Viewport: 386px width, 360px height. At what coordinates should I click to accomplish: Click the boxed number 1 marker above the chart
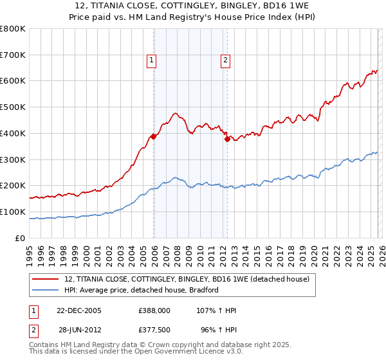click(151, 61)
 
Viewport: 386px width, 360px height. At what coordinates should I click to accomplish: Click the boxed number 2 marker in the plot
click(226, 61)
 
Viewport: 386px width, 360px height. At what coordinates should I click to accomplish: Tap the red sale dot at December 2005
click(154, 136)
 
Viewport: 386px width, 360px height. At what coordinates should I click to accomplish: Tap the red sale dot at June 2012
click(227, 139)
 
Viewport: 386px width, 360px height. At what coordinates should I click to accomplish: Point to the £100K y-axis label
click(13, 212)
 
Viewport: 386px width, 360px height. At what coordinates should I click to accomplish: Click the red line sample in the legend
click(46, 280)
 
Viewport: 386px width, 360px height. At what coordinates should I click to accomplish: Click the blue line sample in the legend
click(46, 290)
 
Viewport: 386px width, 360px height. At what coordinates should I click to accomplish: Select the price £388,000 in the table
click(154, 310)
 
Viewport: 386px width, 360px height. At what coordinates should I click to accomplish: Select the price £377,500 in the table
click(154, 328)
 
